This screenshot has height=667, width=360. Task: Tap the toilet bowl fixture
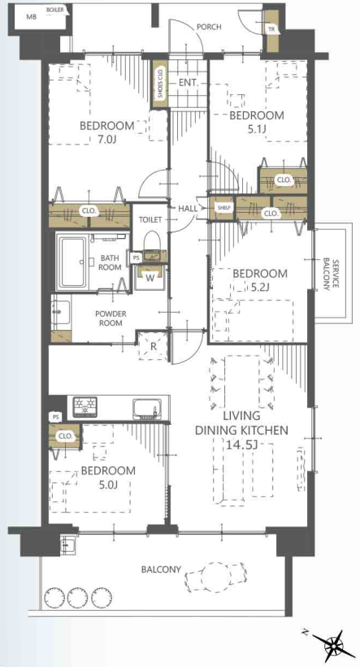151,242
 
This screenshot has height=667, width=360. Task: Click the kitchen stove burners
85,407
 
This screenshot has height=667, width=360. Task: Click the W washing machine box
149,277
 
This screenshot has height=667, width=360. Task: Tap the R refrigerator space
152,345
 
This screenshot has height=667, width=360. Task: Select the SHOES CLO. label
159,84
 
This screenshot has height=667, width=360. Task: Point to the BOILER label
54,10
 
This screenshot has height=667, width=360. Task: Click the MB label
31,17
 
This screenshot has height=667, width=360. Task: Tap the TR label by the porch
271,29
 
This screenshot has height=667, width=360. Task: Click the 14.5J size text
241,445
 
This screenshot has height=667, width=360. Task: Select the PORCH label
209,27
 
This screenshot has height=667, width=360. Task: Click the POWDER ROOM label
111,318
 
